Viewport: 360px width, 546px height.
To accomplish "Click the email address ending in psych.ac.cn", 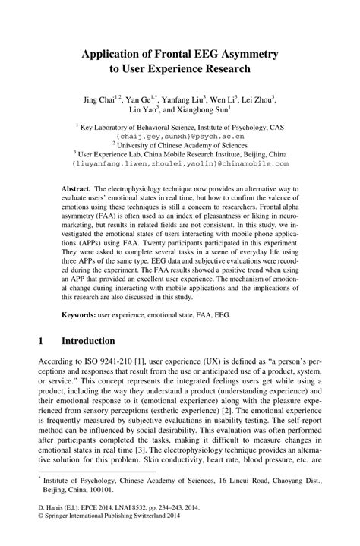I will pos(179,138).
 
